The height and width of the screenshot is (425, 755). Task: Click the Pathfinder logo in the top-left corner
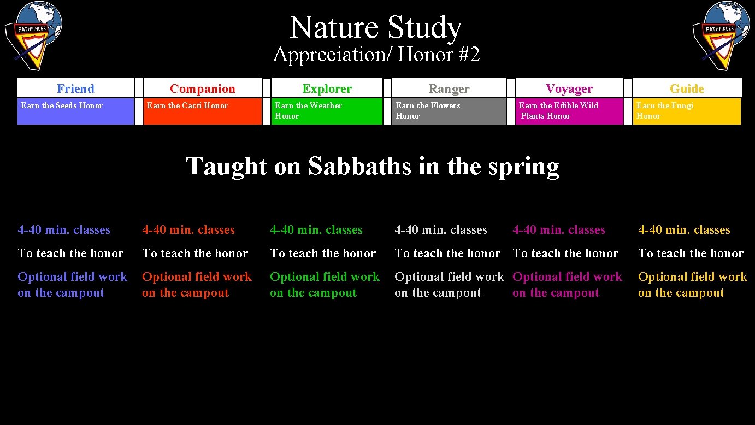33,35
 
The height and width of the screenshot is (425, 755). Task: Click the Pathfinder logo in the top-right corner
721,35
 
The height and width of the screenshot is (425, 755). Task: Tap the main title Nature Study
376,27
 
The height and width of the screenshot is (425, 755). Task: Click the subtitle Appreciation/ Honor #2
376,55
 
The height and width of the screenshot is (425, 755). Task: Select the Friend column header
75,88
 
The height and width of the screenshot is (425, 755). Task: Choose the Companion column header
202,88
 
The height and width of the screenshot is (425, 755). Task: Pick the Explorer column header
327,88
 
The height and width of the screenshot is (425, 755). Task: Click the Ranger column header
449,88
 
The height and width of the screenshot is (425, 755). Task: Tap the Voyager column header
569,88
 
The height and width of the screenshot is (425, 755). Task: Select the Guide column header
687,88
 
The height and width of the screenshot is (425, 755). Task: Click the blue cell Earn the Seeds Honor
75,111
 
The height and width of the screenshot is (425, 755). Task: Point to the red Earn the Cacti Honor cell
202,111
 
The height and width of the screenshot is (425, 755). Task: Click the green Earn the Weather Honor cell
327,111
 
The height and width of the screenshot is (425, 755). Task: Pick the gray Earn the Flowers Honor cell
449,111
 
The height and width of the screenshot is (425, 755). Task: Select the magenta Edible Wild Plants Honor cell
569,111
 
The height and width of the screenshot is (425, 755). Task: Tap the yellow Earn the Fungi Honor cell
687,111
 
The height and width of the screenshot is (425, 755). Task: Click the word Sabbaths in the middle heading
359,166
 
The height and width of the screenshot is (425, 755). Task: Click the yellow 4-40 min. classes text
684,230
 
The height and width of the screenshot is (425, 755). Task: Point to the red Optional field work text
197,277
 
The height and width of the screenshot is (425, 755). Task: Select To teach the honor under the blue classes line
70,253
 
